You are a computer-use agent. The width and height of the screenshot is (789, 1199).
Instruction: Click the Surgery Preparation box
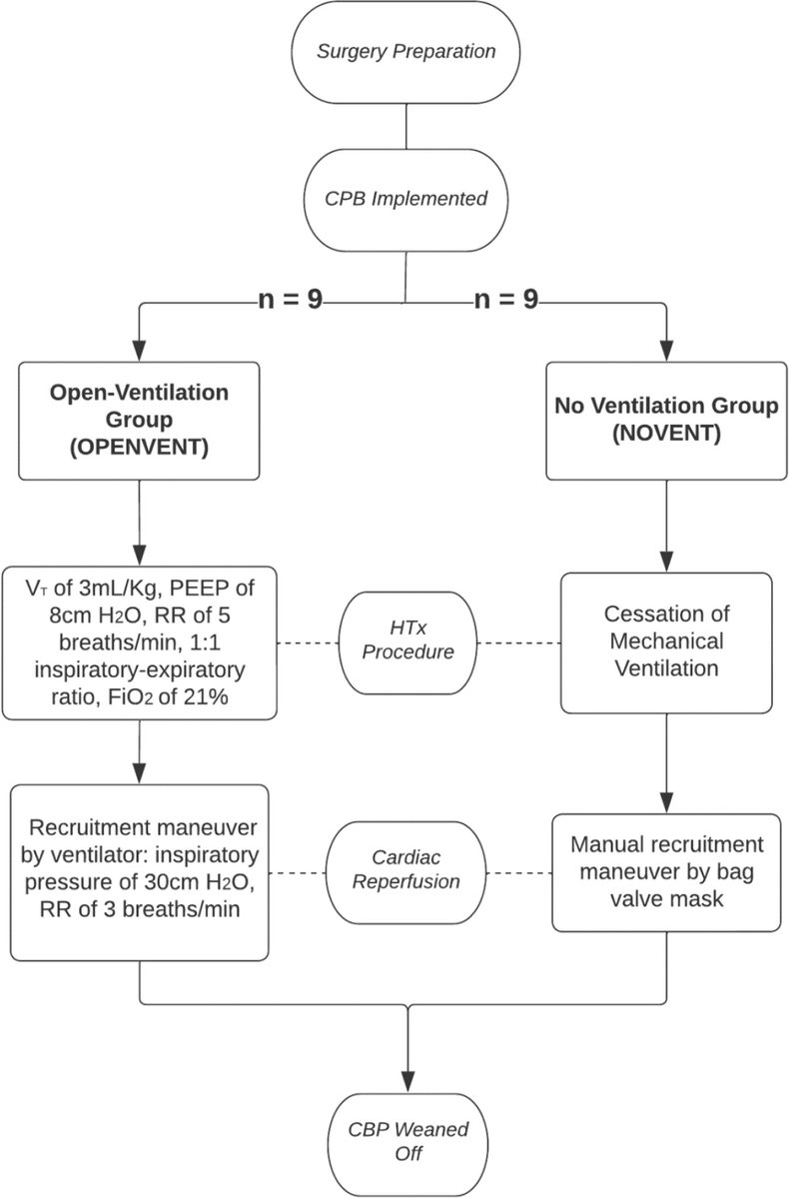405,52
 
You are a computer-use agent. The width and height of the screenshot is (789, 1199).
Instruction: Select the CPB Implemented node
405,200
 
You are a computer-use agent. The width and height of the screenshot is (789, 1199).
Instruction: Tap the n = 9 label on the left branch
290,299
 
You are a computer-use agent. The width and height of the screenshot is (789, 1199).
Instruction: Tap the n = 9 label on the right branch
506,299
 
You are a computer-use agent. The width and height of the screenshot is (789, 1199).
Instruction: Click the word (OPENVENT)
139,447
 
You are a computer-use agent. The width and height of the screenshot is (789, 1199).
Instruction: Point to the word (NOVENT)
666,433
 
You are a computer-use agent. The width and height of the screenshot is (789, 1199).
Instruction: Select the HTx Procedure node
407,642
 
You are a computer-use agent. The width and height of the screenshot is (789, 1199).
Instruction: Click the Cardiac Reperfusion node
406,872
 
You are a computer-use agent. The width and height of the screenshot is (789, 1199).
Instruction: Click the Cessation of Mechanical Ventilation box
666,642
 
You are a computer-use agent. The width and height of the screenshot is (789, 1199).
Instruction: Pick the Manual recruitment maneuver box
666,873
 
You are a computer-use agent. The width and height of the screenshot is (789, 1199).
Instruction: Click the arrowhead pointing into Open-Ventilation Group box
139,351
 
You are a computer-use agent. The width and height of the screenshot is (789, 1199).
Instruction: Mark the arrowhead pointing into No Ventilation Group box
666,351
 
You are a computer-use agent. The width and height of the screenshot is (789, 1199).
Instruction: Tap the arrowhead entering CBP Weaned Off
408,1082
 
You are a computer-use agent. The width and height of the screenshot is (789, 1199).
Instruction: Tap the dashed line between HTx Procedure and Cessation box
519,642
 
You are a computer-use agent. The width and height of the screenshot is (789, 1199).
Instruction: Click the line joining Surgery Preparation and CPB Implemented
406,126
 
